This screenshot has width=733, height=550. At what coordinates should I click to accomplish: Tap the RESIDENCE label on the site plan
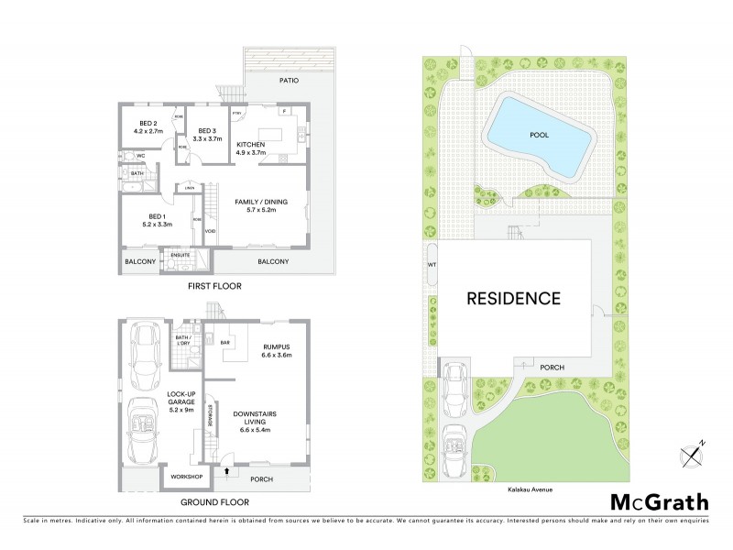(x=513, y=298)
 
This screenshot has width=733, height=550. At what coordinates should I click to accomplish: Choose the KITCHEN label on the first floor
(x=251, y=145)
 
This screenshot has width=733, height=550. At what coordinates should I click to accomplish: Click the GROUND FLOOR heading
(x=215, y=503)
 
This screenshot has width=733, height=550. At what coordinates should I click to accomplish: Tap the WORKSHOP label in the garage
(x=181, y=477)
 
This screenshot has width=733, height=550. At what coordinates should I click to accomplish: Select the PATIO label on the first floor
(x=290, y=80)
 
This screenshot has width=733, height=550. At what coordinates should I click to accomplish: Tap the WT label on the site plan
(x=431, y=266)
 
